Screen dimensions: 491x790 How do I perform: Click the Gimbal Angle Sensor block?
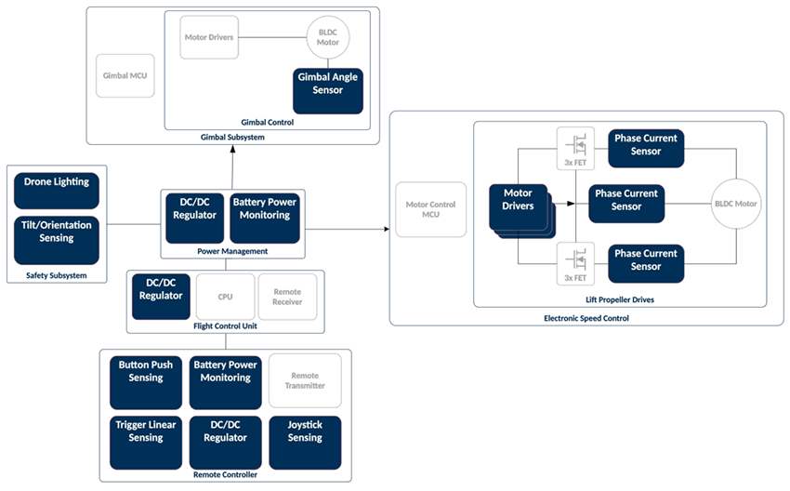(328, 85)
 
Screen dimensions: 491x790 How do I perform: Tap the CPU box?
(225, 297)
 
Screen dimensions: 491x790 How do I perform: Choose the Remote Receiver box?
(286, 297)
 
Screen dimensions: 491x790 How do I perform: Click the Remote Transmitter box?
(305, 379)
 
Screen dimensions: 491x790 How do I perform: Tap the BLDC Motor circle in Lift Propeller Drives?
(736, 203)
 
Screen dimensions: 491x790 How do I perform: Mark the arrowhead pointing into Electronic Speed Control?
(383, 229)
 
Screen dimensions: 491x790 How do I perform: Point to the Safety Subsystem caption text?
(57, 276)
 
